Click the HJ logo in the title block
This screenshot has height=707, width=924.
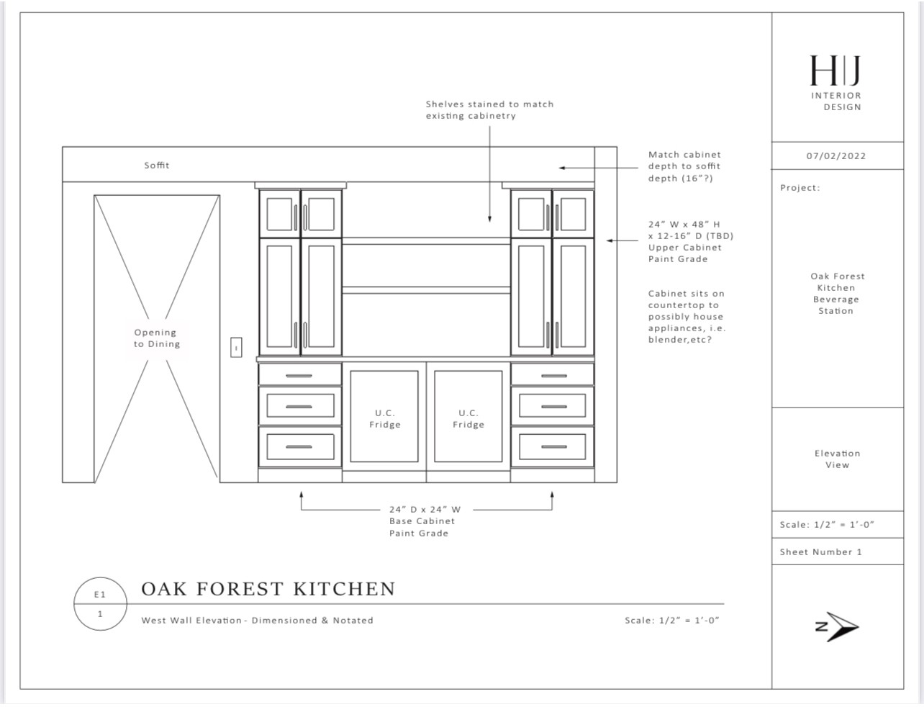(x=835, y=71)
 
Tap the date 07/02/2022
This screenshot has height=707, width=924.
(x=836, y=156)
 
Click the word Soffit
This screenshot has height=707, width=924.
(x=157, y=165)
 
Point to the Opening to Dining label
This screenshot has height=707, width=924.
(x=157, y=338)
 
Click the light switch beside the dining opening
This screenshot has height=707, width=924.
(x=236, y=348)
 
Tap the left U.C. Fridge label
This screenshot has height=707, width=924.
(x=385, y=418)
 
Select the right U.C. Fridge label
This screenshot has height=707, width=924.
(x=468, y=418)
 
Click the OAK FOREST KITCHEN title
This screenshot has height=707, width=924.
(x=268, y=589)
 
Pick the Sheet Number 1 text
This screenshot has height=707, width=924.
(x=821, y=551)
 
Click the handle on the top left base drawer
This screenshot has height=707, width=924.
(x=299, y=376)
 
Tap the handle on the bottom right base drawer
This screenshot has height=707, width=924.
(x=553, y=446)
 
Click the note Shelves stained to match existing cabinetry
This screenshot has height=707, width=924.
(x=489, y=110)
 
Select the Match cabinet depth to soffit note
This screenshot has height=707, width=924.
(x=684, y=166)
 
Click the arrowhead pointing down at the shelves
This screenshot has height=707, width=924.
(x=489, y=219)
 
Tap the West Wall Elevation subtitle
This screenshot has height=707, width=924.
(x=257, y=621)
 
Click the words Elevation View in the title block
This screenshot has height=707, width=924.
(x=837, y=459)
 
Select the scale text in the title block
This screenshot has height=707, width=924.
(x=827, y=525)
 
